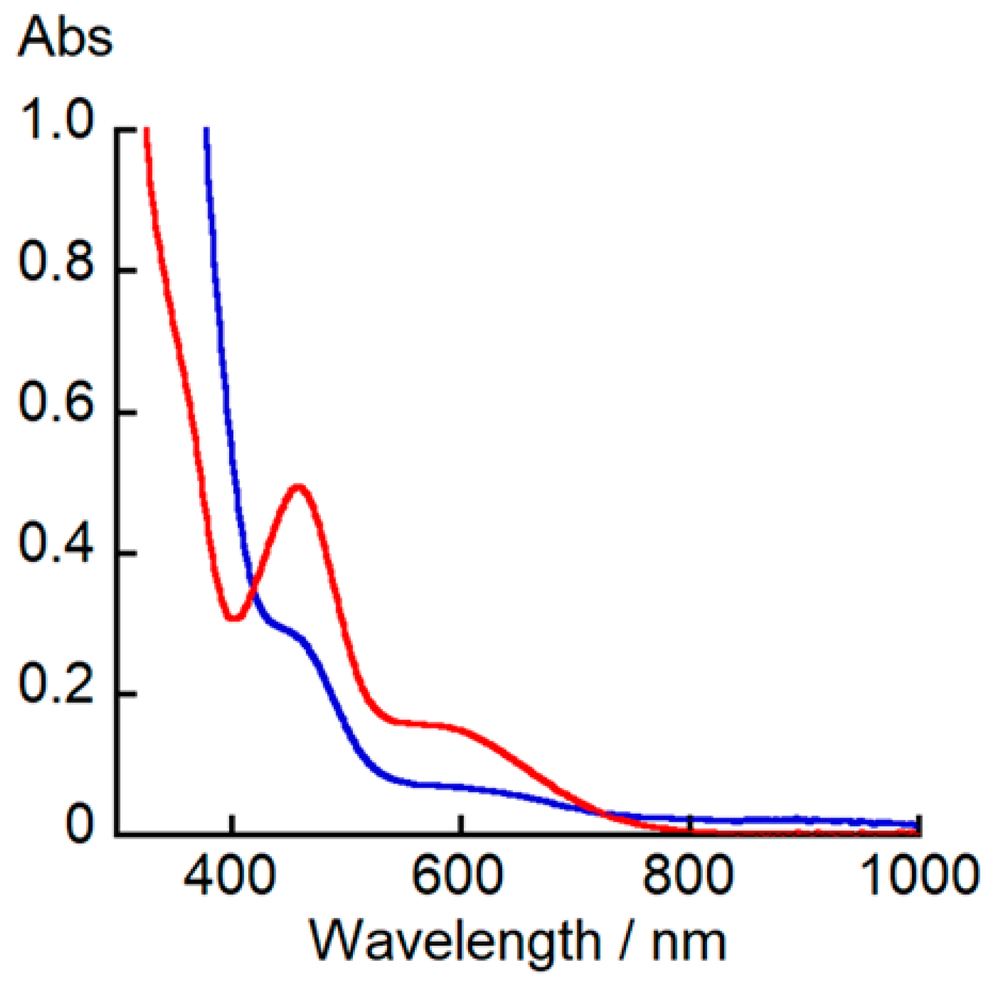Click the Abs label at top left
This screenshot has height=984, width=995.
coord(66,37)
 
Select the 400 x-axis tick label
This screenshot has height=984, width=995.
coord(230,875)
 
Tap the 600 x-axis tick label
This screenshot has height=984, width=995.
coord(458,875)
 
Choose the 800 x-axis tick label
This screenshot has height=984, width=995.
coord(688,875)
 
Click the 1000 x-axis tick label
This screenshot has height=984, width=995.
coord(920,875)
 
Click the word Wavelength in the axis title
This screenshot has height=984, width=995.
coord(455,941)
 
